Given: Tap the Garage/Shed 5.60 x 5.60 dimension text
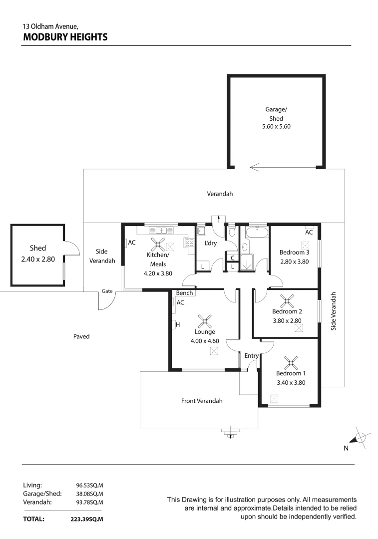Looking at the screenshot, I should click(x=276, y=127).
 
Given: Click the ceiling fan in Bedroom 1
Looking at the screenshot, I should click(x=290, y=362).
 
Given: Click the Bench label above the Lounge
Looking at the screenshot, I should click(x=184, y=293).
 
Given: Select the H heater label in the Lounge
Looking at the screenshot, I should click(x=177, y=325).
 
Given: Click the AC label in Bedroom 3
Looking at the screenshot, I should click(x=309, y=232).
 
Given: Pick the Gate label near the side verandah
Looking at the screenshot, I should click(x=107, y=291).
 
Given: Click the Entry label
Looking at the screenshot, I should click(x=251, y=355).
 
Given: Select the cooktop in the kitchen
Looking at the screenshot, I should click(x=189, y=243).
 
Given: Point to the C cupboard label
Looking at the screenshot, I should click(x=233, y=258).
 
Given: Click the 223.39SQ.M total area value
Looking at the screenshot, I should click(x=87, y=519).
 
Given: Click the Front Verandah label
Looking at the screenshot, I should click(x=202, y=401).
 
